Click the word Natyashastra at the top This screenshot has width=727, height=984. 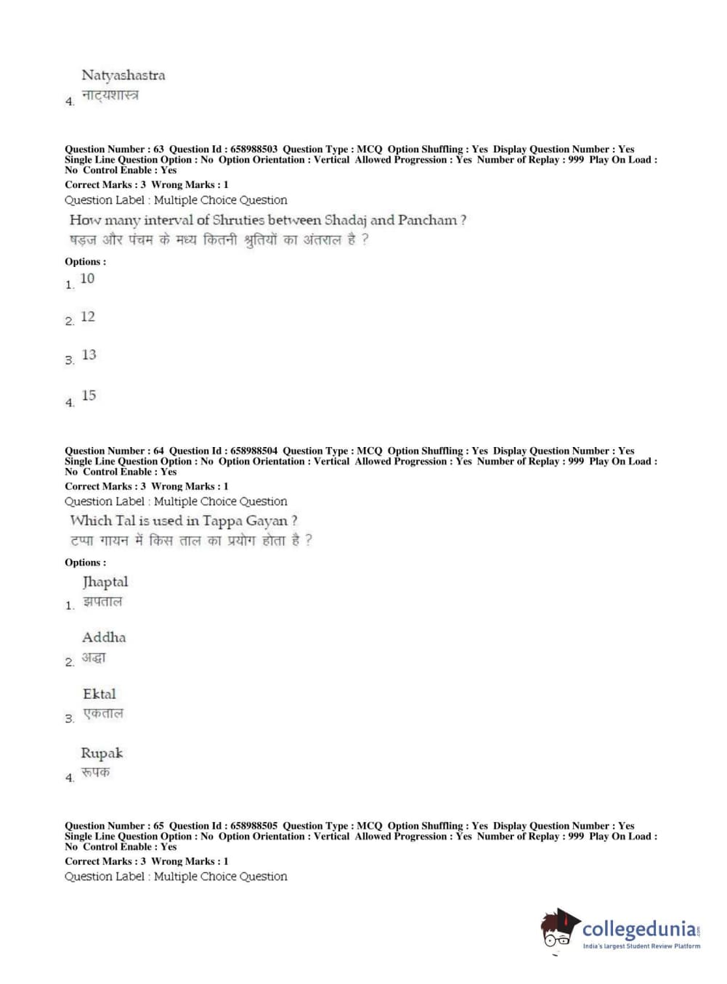(123, 75)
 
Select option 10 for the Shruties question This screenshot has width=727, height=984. (87, 279)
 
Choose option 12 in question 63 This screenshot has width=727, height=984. (88, 317)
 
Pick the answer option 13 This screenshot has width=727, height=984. (89, 355)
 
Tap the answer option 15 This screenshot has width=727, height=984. (89, 395)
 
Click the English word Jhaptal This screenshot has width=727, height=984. (105, 582)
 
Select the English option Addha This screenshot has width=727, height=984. (104, 638)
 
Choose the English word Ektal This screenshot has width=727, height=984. (99, 694)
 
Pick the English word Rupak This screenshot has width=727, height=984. (102, 753)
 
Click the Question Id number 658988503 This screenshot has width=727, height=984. (253, 149)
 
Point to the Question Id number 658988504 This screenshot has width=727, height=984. (253, 451)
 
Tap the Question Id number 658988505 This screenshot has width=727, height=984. (253, 826)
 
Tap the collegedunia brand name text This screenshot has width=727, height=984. (640, 929)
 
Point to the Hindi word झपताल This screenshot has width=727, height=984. (102, 602)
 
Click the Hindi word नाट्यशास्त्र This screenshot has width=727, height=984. (110, 95)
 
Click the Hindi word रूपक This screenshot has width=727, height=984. (95, 773)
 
